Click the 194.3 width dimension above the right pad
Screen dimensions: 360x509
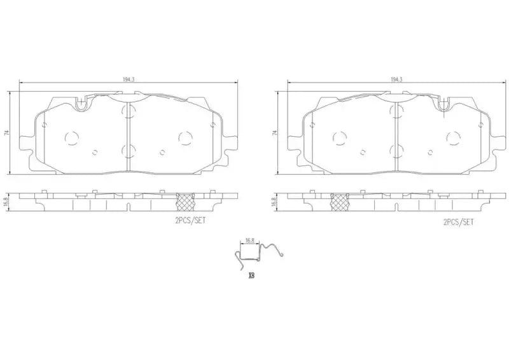396,80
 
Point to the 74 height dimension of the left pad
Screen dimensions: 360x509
7,133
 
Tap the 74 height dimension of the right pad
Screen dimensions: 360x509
275,133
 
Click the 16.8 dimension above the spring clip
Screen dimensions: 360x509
250,241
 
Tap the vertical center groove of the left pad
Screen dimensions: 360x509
129,136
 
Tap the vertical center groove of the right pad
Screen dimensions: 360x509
396,136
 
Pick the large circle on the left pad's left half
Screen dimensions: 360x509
71,136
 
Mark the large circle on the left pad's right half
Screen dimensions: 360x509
185,136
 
